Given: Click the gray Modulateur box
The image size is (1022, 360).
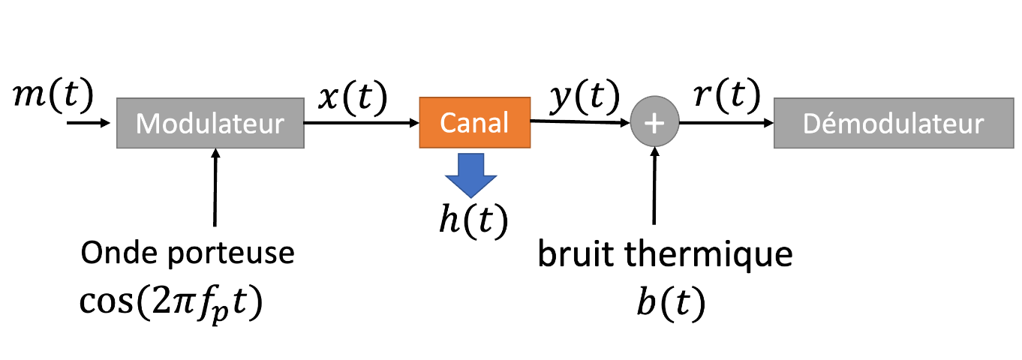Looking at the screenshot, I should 210,123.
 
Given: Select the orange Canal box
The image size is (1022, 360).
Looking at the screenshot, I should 474,121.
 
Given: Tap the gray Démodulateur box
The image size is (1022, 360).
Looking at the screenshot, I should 892,123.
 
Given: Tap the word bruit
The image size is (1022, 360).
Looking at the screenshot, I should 577,255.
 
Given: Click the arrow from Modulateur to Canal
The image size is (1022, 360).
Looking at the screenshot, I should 361,123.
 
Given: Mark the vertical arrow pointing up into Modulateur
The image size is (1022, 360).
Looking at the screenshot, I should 215,187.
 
